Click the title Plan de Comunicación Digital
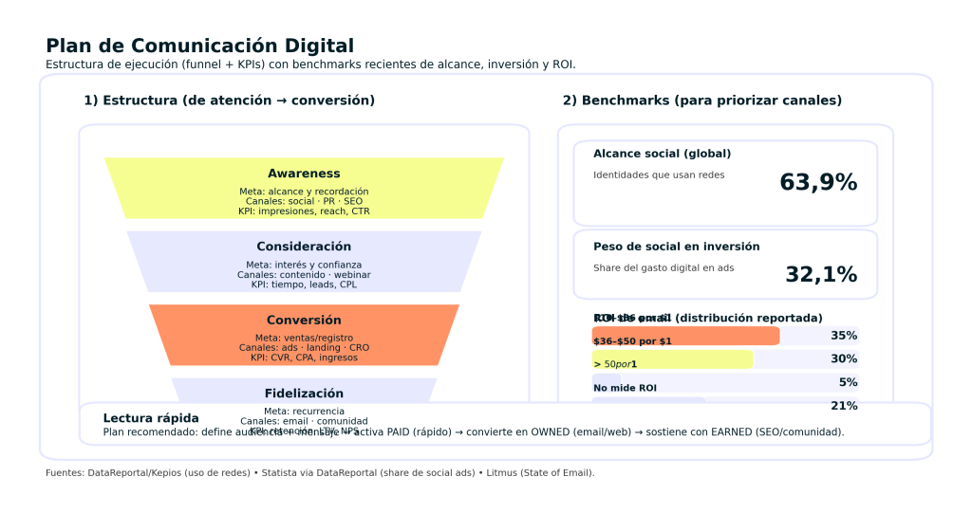pos(199,46)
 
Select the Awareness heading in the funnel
pos(304,174)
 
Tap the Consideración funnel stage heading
pos(304,247)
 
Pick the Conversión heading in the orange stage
pos(304,321)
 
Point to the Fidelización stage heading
pos(304,394)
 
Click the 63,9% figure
pos(818,183)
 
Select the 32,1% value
pos(821,275)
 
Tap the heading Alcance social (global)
pos(662,154)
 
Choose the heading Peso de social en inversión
pos(676,247)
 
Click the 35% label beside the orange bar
pos(844,336)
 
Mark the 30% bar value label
pos(844,359)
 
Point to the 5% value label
pos(848,383)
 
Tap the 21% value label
pos(844,406)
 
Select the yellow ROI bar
pos(672,359)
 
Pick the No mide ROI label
pos(625,388)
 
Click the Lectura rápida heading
pos(151,418)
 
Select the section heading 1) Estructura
pos(229,101)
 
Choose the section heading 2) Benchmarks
pos(701,101)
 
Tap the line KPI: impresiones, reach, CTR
pos(304,211)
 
